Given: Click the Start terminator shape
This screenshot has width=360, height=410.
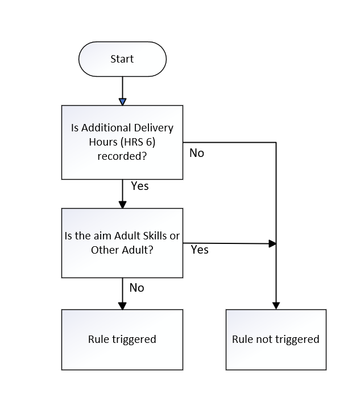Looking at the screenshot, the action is click(122, 59).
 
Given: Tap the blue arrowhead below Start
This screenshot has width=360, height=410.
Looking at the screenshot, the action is click(122, 102).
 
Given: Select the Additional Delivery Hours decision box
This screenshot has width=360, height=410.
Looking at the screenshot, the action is click(122, 142).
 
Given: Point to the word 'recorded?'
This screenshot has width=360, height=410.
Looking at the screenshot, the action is click(122, 156).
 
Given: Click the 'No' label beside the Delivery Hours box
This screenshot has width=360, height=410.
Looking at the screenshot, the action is click(197, 153).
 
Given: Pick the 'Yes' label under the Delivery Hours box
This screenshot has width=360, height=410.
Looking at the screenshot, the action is click(140, 186).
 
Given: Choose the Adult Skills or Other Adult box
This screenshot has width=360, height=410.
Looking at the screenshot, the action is click(122, 243).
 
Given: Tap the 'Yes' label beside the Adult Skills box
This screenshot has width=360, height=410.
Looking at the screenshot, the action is click(200, 250).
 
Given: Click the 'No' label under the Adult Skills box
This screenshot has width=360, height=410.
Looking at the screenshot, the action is click(136, 288).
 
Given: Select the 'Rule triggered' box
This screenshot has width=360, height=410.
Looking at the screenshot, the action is click(122, 339).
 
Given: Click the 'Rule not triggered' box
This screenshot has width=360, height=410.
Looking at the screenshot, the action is click(276, 339).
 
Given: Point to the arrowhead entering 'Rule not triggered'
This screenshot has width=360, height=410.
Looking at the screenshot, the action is click(276, 306).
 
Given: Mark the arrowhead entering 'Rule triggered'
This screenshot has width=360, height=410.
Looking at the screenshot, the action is click(122, 306).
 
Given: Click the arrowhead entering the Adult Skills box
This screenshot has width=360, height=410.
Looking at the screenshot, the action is click(122, 205).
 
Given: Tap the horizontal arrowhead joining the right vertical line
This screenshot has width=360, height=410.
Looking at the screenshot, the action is click(272, 244).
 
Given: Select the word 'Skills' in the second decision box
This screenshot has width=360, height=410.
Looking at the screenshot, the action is click(154, 235).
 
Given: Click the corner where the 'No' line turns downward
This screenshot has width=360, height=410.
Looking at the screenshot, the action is click(276, 143).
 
